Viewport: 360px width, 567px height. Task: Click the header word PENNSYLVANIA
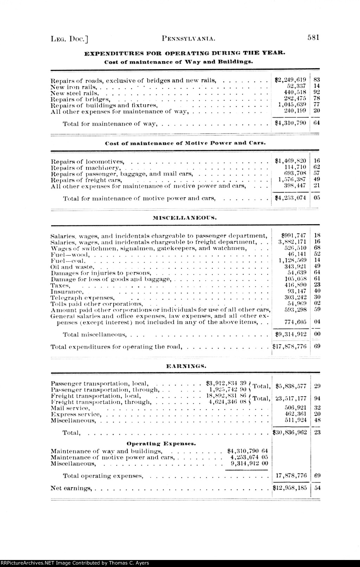[x=187, y=38]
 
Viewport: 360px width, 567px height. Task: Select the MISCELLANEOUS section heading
[x=185, y=217]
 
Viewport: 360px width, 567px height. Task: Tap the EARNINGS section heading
[x=186, y=366]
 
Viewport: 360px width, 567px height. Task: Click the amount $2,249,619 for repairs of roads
[x=290, y=80]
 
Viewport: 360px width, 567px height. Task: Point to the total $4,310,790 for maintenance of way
[x=290, y=123]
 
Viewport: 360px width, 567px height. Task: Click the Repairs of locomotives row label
[x=88, y=162]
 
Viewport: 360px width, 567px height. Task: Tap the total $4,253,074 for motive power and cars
[x=290, y=198]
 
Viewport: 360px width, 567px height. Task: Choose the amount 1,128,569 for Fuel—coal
[x=292, y=260]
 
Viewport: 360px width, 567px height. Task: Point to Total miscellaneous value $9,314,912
[x=290, y=334]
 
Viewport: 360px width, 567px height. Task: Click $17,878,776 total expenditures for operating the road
[x=290, y=346]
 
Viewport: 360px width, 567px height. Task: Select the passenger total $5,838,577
[x=291, y=386]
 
